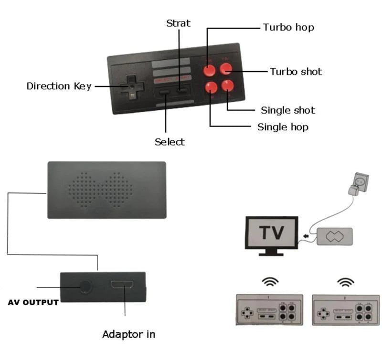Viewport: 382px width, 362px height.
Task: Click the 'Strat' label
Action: pos(178,23)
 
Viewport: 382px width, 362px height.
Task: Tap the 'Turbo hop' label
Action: pos(288,28)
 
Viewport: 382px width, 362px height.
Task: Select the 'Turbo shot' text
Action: pos(296,72)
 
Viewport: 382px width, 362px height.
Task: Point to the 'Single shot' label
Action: pos(287,110)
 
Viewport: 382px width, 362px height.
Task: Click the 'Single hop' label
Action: pos(283,127)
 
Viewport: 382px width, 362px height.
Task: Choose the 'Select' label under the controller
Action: pos(170,142)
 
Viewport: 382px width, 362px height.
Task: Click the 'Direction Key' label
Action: pos(59,86)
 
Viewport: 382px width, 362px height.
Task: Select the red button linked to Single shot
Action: pos(227,85)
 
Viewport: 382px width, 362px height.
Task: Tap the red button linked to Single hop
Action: pos(211,87)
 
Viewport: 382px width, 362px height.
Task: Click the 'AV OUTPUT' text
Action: pos(33,302)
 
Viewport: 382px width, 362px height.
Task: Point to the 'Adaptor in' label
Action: pos(128,334)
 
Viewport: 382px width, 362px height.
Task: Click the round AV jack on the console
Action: pos(85,287)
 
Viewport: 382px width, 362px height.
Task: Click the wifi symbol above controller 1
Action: pos(269,282)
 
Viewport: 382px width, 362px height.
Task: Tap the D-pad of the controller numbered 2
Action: pos(324,313)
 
